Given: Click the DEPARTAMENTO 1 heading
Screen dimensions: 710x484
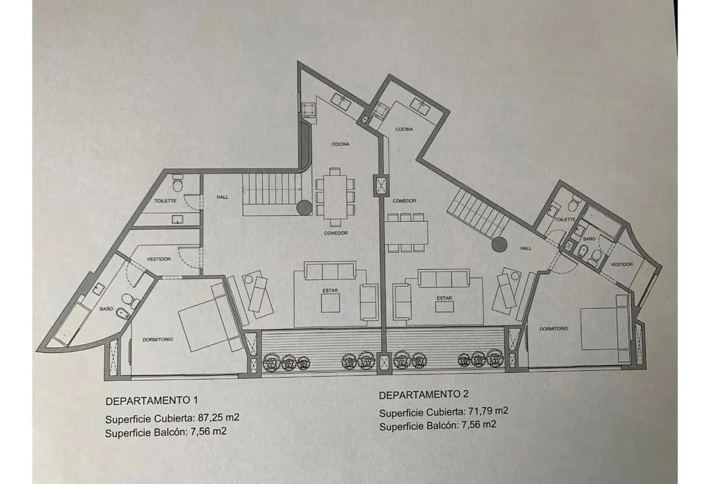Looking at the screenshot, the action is [152, 401].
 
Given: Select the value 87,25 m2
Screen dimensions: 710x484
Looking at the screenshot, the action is [218, 417].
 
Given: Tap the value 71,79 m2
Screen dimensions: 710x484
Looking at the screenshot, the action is [488, 411].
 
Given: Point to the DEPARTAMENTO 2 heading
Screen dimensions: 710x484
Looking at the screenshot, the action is [424, 395].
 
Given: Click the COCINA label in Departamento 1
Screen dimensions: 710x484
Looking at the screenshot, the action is [340, 144].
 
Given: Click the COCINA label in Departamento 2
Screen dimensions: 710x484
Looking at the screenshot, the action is [404, 130].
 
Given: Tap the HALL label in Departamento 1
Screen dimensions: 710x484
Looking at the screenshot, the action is [222, 197].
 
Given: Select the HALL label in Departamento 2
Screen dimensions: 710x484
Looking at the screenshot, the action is [525, 248].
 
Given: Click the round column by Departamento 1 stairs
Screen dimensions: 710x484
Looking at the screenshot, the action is [304, 208].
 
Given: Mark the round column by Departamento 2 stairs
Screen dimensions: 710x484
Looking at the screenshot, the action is [499, 245].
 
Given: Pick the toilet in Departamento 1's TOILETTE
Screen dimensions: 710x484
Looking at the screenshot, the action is [178, 183].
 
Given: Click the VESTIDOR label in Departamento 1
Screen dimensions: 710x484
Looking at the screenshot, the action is [159, 259].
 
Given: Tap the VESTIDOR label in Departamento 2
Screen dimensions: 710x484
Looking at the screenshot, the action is [622, 264].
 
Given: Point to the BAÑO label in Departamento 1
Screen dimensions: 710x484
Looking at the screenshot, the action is [106, 308].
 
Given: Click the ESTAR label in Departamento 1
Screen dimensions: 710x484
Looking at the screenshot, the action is [330, 290].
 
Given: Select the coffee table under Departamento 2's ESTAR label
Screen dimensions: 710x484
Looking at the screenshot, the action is [444, 306].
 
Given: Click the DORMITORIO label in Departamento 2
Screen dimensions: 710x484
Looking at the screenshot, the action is [554, 329].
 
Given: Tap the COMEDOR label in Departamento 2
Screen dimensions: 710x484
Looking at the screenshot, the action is [404, 201].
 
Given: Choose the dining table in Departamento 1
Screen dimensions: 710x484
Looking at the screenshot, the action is [335, 196].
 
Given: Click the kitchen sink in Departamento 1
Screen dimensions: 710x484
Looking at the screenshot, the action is [341, 102].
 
